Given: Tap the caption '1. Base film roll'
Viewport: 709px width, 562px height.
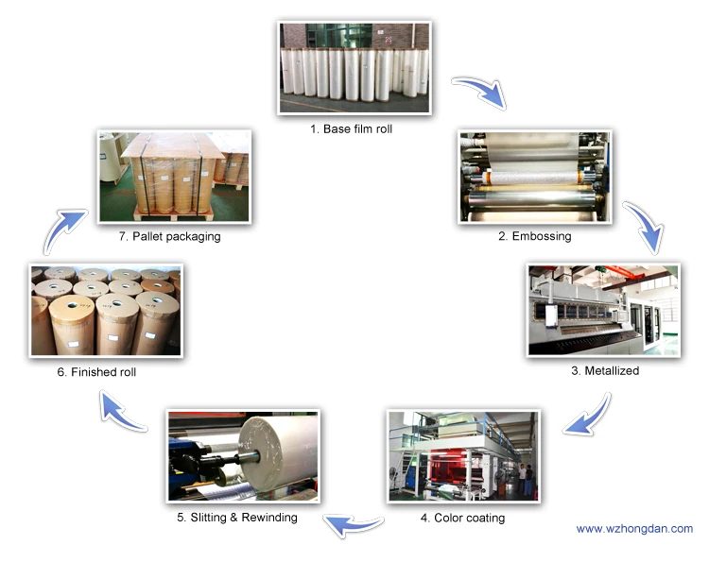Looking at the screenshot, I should click(351, 128).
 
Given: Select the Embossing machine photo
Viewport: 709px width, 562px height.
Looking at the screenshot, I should click(535, 178).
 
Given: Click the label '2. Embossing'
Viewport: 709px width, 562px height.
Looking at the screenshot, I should click(535, 236).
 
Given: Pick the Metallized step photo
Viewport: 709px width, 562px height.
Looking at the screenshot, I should click(603, 310).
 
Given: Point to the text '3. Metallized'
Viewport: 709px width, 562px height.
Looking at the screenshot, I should click(605, 371).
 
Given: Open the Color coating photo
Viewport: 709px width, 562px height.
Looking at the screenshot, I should click(463, 455).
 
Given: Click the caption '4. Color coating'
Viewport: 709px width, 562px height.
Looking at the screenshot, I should click(462, 518).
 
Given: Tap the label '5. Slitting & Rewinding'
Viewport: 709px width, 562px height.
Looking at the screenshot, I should click(236, 517).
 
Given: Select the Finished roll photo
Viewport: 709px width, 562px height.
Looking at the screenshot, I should click(105, 310).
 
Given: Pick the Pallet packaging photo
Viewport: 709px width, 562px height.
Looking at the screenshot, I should click(174, 176).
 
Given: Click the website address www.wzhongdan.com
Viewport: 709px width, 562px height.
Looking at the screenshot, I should click(634, 529).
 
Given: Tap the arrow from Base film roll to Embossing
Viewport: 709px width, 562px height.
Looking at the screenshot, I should click(479, 93).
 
